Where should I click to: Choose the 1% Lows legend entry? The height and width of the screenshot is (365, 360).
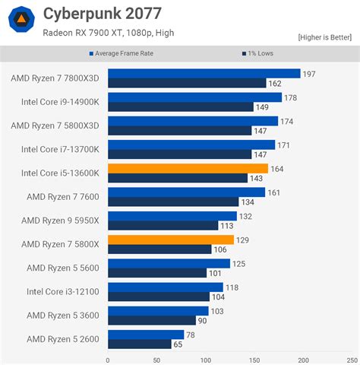[259, 54]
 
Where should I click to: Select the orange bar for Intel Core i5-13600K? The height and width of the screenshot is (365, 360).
[188, 168]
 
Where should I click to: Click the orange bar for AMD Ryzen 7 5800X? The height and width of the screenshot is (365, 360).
[171, 239]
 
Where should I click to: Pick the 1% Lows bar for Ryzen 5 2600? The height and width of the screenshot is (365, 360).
[139, 344]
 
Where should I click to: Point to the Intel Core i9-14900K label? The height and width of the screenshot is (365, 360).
[62, 101]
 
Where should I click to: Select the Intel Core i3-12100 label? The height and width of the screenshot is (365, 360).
[64, 291]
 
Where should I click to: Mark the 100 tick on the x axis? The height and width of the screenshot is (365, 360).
[206, 360]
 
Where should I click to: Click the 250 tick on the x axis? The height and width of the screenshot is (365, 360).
[352, 360]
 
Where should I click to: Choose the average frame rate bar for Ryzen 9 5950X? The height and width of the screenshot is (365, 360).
[172, 215]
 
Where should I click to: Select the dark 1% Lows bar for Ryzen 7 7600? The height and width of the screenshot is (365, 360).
[173, 202]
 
